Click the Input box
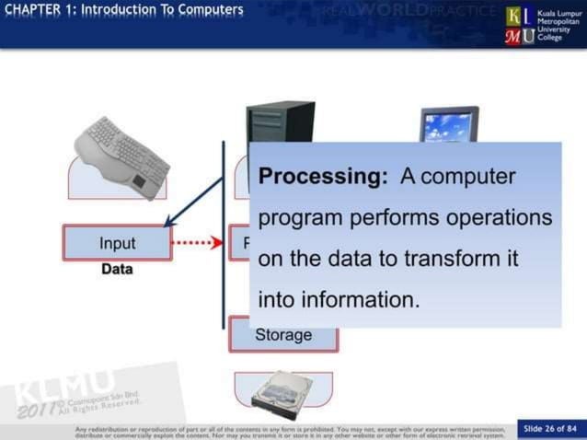[x=117, y=243]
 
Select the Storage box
[x=283, y=335]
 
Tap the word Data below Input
[x=117, y=270]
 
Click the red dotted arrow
[x=198, y=244]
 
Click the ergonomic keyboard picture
[x=122, y=155]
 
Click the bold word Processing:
[x=323, y=177]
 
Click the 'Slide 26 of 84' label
[x=550, y=428]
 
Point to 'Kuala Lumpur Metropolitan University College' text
[x=558, y=25]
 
